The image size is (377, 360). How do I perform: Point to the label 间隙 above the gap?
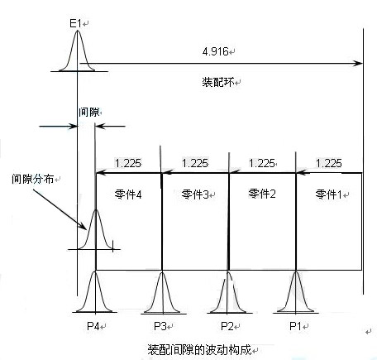(x=88, y=111)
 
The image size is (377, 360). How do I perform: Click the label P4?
(x=95, y=325)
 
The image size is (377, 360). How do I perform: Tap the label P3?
(x=161, y=325)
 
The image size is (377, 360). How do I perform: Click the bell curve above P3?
(x=161, y=294)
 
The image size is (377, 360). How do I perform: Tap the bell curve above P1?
(x=295, y=294)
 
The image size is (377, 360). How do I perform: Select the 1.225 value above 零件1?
(x=328, y=163)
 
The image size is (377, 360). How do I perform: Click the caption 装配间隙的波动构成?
(x=201, y=347)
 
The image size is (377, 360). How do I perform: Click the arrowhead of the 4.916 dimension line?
(x=358, y=62)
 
